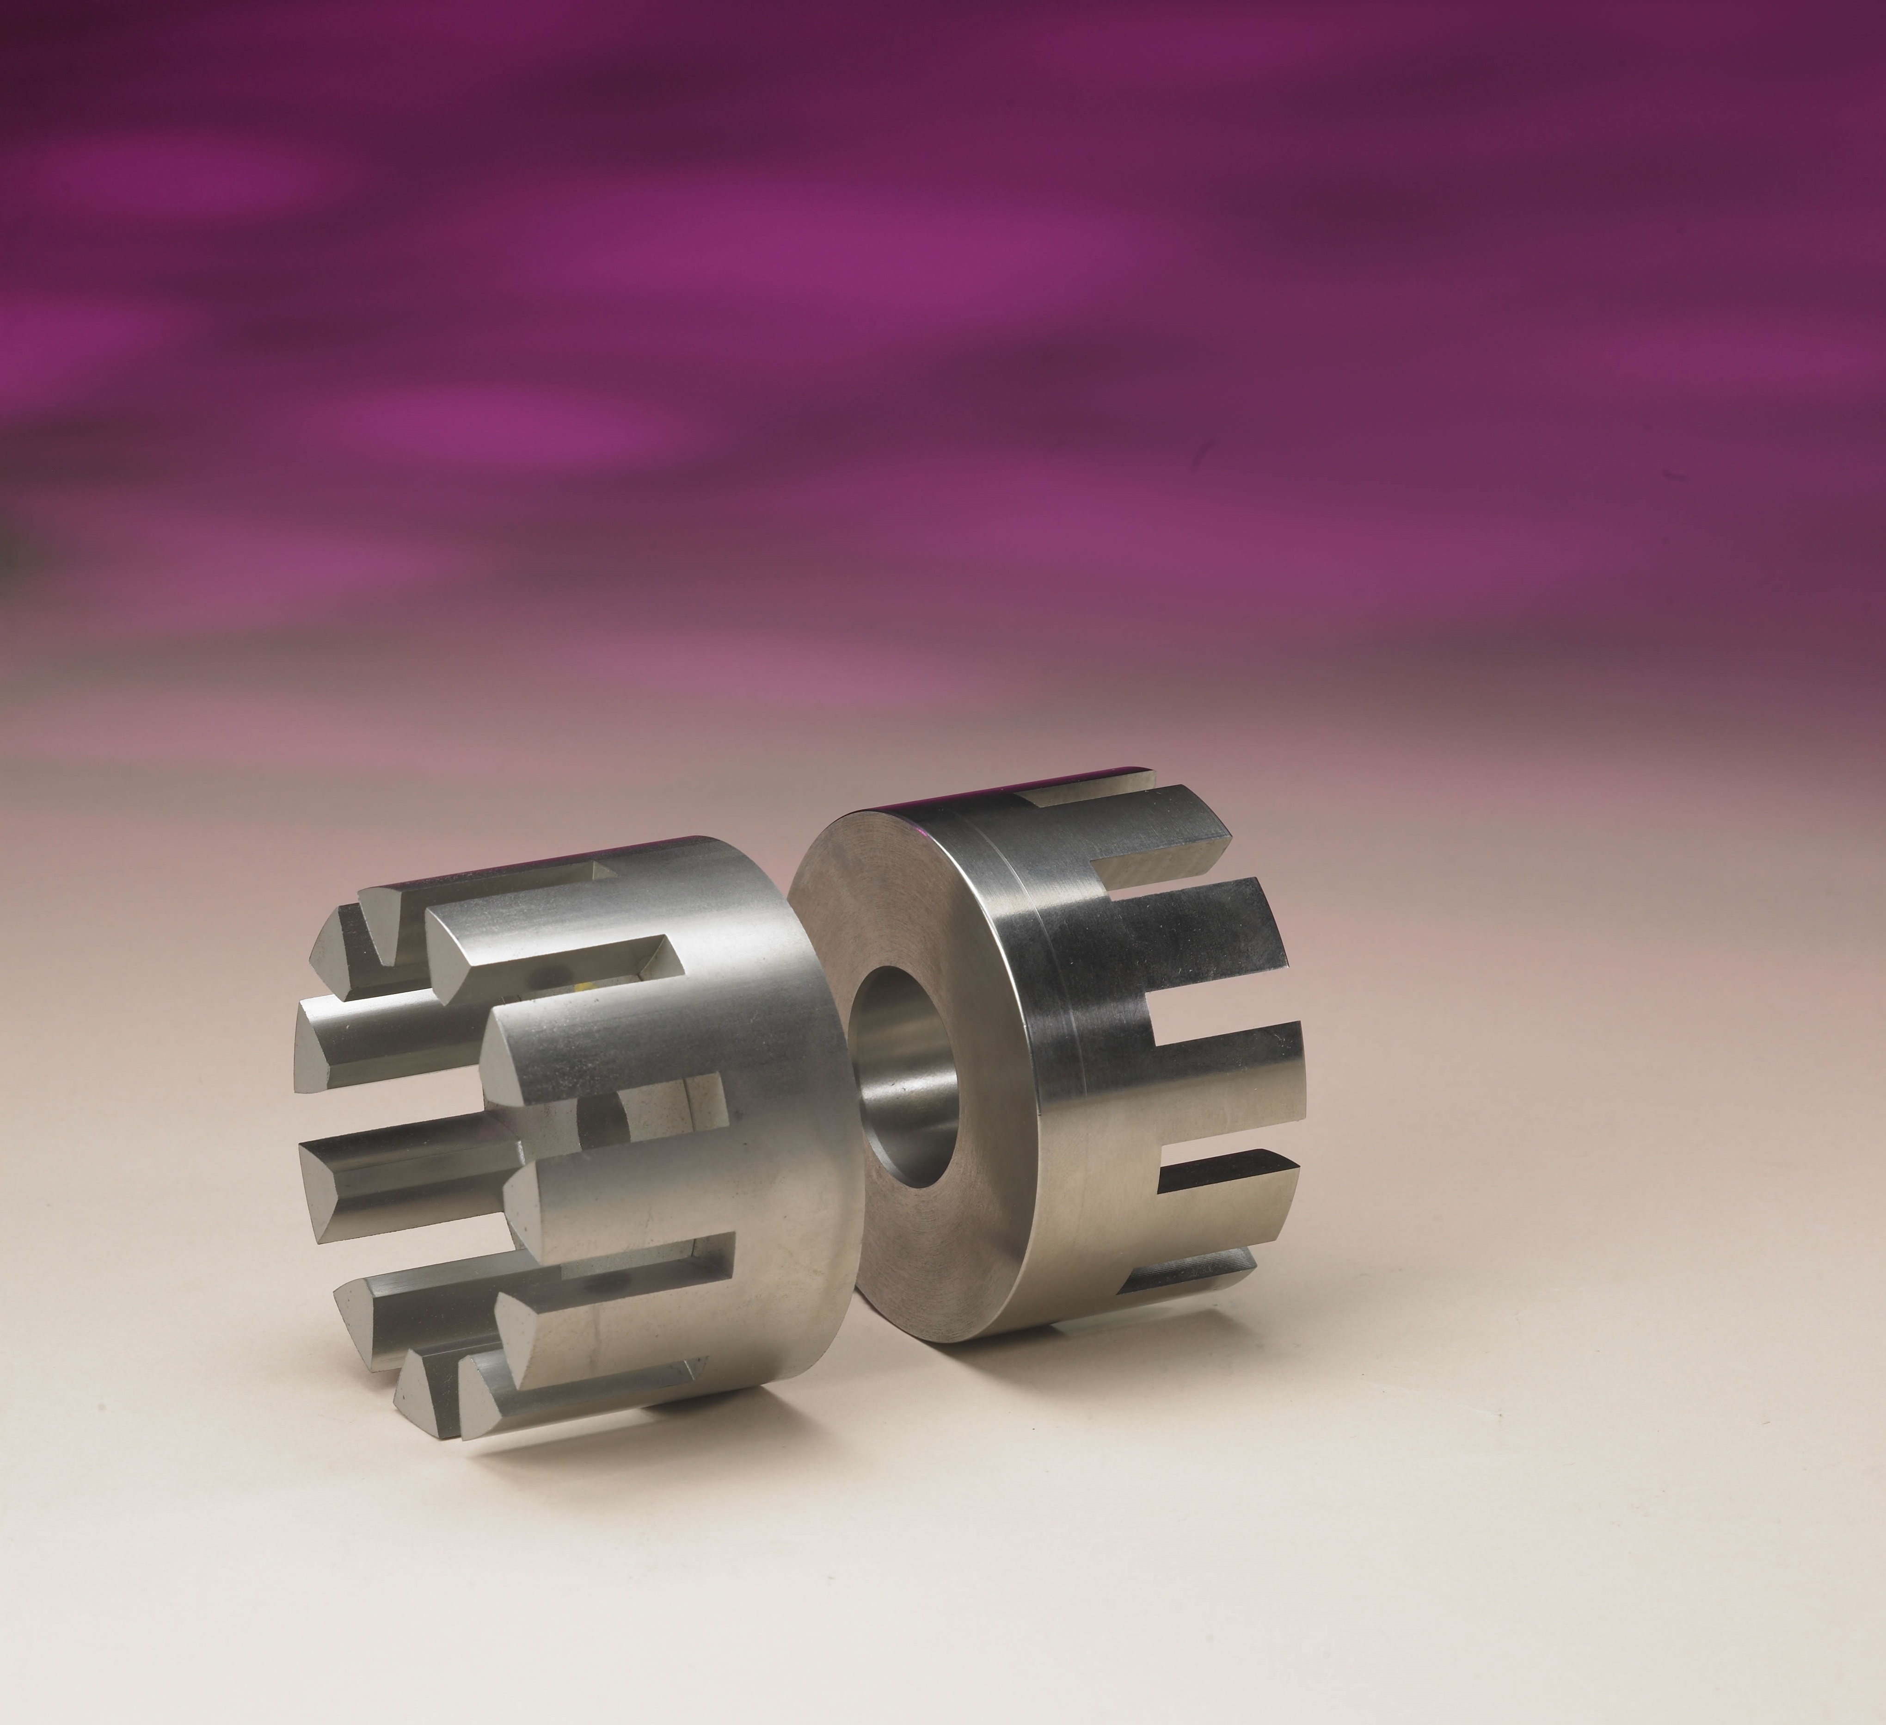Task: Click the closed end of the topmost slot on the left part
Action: point(599,871)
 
